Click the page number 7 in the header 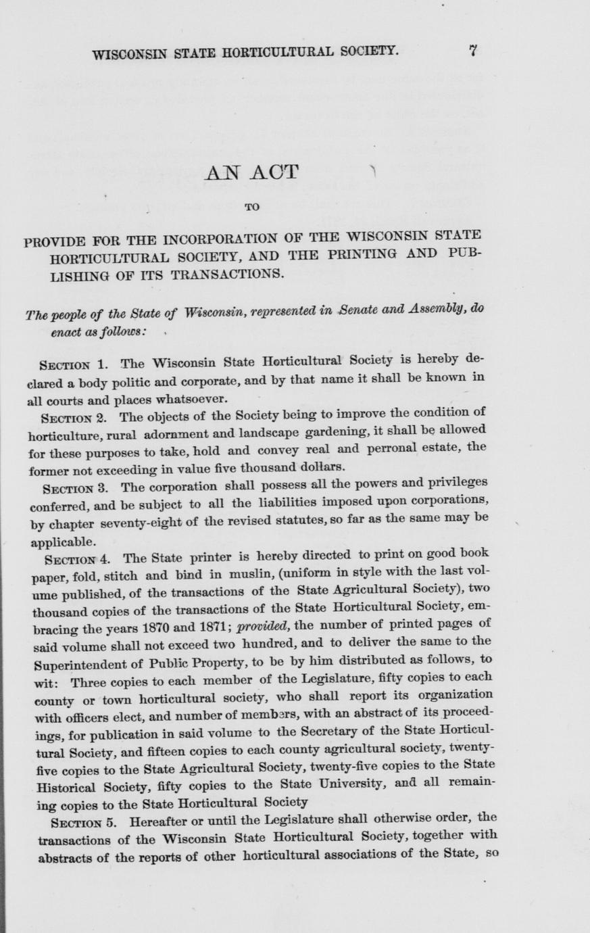[473, 50]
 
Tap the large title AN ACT [251, 172]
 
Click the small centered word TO [251, 208]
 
